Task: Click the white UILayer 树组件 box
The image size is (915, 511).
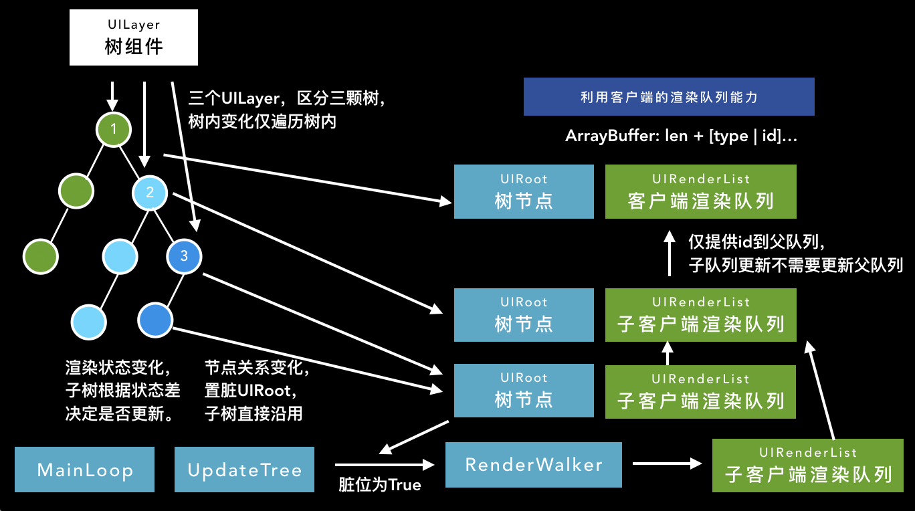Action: [134, 37]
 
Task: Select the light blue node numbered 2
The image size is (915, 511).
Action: [150, 193]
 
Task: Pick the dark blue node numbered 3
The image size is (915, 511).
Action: [184, 255]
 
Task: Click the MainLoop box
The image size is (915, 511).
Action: [85, 470]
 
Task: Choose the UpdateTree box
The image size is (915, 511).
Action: [244, 470]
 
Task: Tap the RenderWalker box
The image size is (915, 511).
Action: [533, 465]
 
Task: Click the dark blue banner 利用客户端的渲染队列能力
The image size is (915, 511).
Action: [669, 97]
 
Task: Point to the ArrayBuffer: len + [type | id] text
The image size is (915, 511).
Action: [681, 136]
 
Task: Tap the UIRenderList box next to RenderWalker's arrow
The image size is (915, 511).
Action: [808, 466]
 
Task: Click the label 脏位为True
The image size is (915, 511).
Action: [380, 485]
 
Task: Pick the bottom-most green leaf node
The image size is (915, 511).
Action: [40, 255]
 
